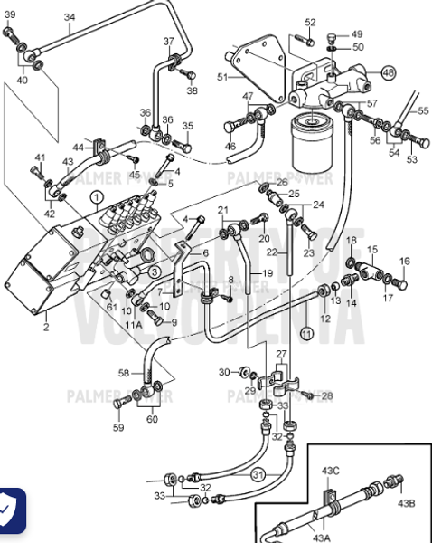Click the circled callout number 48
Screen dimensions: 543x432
388,71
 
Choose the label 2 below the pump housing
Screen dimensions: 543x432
46,327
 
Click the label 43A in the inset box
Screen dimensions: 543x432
322,537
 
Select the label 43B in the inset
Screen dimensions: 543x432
407,503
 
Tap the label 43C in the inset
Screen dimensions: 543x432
331,470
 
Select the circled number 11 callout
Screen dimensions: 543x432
306,334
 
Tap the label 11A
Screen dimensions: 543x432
134,324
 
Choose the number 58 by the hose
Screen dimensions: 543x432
124,373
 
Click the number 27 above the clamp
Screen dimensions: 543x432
281,354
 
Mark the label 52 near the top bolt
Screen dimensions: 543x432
310,22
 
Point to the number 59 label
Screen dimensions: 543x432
118,427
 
